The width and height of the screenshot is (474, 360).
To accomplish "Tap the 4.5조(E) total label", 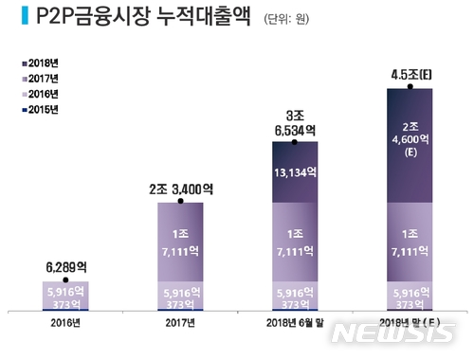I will tap(410, 72).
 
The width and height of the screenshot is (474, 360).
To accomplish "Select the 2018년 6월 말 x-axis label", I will tap(295, 322).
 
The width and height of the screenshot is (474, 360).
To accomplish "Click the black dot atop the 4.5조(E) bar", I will tap(410, 86).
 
